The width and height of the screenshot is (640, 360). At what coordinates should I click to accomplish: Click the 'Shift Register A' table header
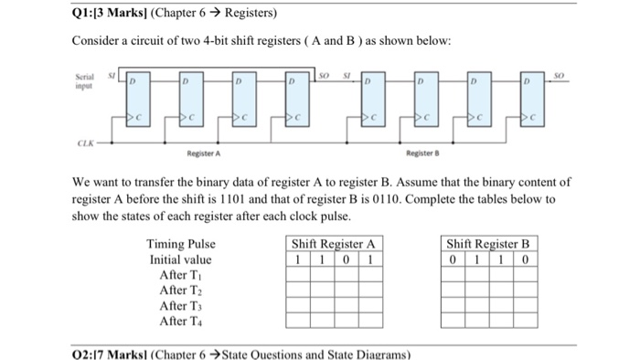coord(333,244)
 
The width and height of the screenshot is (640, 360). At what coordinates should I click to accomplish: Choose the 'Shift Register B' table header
coord(488,244)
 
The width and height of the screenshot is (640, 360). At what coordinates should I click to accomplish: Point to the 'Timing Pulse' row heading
coord(181,244)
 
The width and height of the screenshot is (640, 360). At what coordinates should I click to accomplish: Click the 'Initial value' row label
coord(181,259)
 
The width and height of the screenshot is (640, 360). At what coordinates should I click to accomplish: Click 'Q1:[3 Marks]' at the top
coord(101,14)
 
